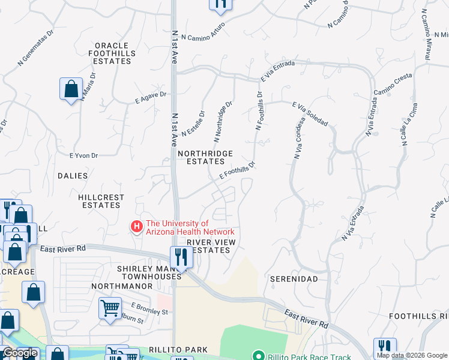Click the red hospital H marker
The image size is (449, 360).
click(137, 227)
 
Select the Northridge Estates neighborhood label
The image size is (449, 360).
click(205, 157)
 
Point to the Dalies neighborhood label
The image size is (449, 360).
click(73, 176)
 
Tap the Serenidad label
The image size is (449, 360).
click(293, 280)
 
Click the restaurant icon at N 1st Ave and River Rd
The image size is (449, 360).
click(181, 257)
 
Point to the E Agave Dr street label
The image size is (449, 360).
click(151, 97)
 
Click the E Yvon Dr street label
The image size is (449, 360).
click(83, 155)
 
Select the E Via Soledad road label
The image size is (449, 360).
click(310, 114)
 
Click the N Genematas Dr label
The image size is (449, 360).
click(35, 51)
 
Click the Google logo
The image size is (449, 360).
click(19, 353)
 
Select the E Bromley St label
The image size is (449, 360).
click(147, 311)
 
